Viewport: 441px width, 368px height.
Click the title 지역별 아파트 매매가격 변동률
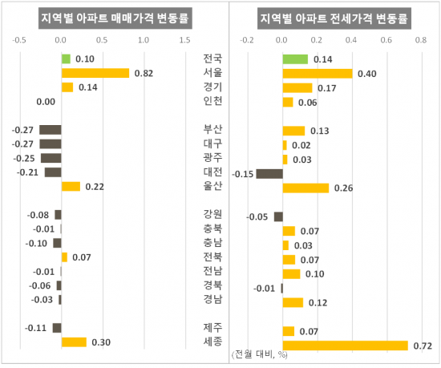pyautogui.click(x=108, y=18)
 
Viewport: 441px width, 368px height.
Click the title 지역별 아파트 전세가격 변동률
pyautogui.click(x=334, y=18)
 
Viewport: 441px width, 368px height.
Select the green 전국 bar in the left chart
pyautogui.click(x=66, y=59)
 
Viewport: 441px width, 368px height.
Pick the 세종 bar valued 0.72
pyautogui.click(x=345, y=346)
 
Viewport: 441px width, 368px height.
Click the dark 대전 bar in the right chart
pyautogui.click(x=269, y=173)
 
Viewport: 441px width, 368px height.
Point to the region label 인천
pyautogui.click(x=213, y=101)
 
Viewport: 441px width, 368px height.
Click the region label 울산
pyautogui.click(x=213, y=187)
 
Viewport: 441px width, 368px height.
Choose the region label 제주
pyautogui.click(x=213, y=327)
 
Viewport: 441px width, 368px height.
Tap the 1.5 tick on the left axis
pyautogui.click(x=184, y=39)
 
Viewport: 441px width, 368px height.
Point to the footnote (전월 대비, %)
pyautogui.click(x=258, y=354)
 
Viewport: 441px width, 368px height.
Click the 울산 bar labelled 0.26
pyautogui.click(x=305, y=188)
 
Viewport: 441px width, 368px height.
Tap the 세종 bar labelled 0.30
pyautogui.click(x=74, y=342)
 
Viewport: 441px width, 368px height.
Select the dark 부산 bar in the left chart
pyautogui.click(x=51, y=130)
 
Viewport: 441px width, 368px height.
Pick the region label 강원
pyautogui.click(x=213, y=214)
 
